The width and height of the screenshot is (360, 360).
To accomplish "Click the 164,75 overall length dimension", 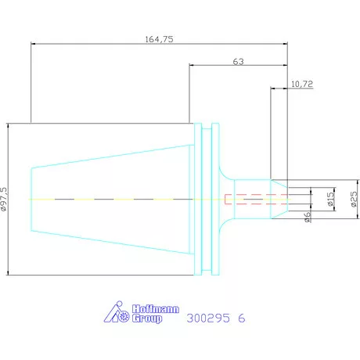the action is pyautogui.click(x=159, y=39).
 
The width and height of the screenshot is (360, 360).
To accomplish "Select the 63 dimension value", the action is pyautogui.click(x=238, y=62).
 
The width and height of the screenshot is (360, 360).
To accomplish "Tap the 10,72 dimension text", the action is pyautogui.click(x=302, y=84).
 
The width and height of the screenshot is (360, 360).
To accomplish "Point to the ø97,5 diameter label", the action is pyautogui.click(x=4, y=199).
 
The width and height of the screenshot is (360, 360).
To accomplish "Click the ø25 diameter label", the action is pyautogui.click(x=354, y=199).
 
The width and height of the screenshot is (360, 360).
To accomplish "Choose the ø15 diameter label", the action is pyautogui.click(x=330, y=199).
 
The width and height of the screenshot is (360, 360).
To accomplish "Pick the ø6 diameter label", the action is pyautogui.click(x=308, y=217).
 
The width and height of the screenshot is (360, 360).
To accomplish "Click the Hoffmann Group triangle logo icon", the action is pyautogui.click(x=117, y=311).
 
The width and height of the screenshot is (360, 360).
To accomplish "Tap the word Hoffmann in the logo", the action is pyautogui.click(x=156, y=309).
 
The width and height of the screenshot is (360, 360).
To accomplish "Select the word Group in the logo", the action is pyautogui.click(x=147, y=319).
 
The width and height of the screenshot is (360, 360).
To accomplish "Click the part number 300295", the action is pyautogui.click(x=208, y=318).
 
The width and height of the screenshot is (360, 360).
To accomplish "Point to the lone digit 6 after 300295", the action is pyautogui.click(x=242, y=318).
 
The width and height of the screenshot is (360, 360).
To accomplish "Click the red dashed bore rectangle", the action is pyautogui.click(x=256, y=194).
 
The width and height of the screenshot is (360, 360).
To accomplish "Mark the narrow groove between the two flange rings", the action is pyautogui.click(x=207, y=199).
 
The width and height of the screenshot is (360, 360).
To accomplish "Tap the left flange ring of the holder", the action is pyautogui.click(x=198, y=199).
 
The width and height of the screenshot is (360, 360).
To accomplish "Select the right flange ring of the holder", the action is pyautogui.click(x=215, y=199).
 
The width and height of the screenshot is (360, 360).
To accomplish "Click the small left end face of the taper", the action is pyautogui.click(x=31, y=200).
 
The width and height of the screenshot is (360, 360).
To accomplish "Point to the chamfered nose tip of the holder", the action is pyautogui.click(x=279, y=199).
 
